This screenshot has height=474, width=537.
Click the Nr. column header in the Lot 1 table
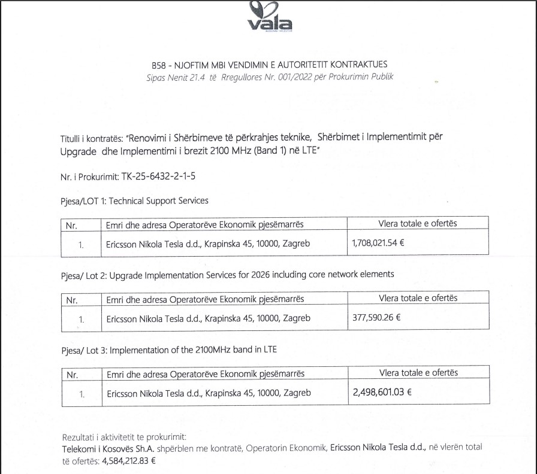tap(72, 224)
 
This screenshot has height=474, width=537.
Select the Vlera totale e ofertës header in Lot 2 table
tap(418, 298)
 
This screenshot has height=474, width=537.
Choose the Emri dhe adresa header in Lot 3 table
tap(205, 373)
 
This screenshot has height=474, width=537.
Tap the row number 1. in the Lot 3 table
tap(82, 394)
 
